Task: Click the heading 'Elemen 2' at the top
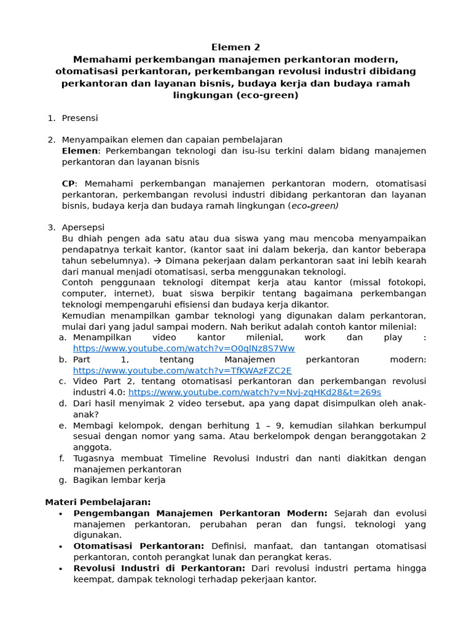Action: pyautogui.click(x=236, y=47)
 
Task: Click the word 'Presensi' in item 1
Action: pyautogui.click(x=80, y=118)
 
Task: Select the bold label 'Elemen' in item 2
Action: pyautogui.click(x=80, y=151)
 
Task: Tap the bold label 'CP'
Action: pyautogui.click(x=68, y=184)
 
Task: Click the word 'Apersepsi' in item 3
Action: pyautogui.click(x=83, y=228)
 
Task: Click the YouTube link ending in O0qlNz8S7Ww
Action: pyautogui.click(x=184, y=348)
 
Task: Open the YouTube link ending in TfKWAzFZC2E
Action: pyautogui.click(x=183, y=370)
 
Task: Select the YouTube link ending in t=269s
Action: pyautogui.click(x=254, y=393)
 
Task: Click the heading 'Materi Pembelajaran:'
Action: pyautogui.click(x=98, y=502)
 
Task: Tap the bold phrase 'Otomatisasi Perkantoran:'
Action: pyautogui.click(x=139, y=546)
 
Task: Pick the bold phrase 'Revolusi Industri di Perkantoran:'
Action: pyautogui.click(x=159, y=568)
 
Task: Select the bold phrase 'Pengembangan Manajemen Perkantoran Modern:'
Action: pyautogui.click(x=200, y=513)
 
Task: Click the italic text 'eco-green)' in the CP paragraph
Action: pyautogui.click(x=315, y=206)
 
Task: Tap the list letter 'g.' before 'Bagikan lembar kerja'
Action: pyautogui.click(x=62, y=480)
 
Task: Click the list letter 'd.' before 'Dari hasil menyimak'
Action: pyautogui.click(x=62, y=404)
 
